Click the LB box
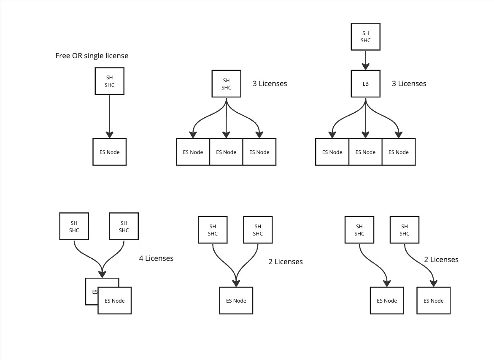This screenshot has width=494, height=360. click(365, 84)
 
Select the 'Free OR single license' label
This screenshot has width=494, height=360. click(92, 56)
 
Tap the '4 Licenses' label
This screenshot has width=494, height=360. click(156, 258)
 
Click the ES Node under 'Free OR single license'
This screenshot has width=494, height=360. click(109, 152)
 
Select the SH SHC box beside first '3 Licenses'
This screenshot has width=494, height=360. click(226, 84)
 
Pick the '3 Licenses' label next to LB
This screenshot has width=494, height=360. click(409, 84)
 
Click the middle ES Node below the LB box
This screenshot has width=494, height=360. click(365, 152)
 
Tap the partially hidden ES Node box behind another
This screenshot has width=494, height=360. click(91, 291)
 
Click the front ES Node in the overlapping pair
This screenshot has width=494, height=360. click(115, 300)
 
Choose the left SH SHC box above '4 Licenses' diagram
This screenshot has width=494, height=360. click(74, 227)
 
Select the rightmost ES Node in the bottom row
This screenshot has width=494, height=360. click(433, 300)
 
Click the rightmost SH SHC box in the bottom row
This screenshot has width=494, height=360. click(404, 230)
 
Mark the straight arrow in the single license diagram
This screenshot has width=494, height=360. click(109, 116)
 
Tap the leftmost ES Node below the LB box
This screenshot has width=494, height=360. click(332, 152)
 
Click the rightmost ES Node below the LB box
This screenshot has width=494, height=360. click(399, 152)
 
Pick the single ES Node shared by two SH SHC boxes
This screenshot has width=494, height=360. click(236, 300)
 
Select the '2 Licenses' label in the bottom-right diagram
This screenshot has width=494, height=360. click(441, 260)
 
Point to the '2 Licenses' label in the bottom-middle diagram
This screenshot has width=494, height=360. click(285, 262)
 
